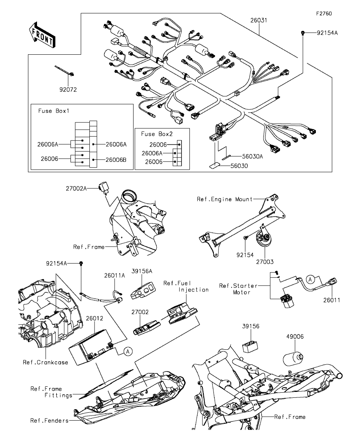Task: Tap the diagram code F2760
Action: (x=324, y=13)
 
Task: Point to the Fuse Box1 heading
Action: (x=54, y=111)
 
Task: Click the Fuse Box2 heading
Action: (x=156, y=134)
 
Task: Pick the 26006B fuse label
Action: (x=116, y=160)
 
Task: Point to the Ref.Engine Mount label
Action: (x=225, y=199)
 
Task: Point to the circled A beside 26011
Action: (x=310, y=280)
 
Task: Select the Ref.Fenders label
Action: (x=49, y=421)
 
